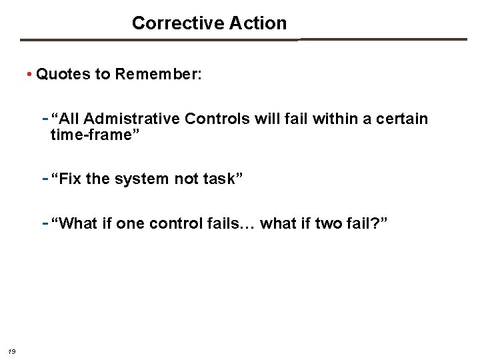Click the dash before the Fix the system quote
tap(45, 179)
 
